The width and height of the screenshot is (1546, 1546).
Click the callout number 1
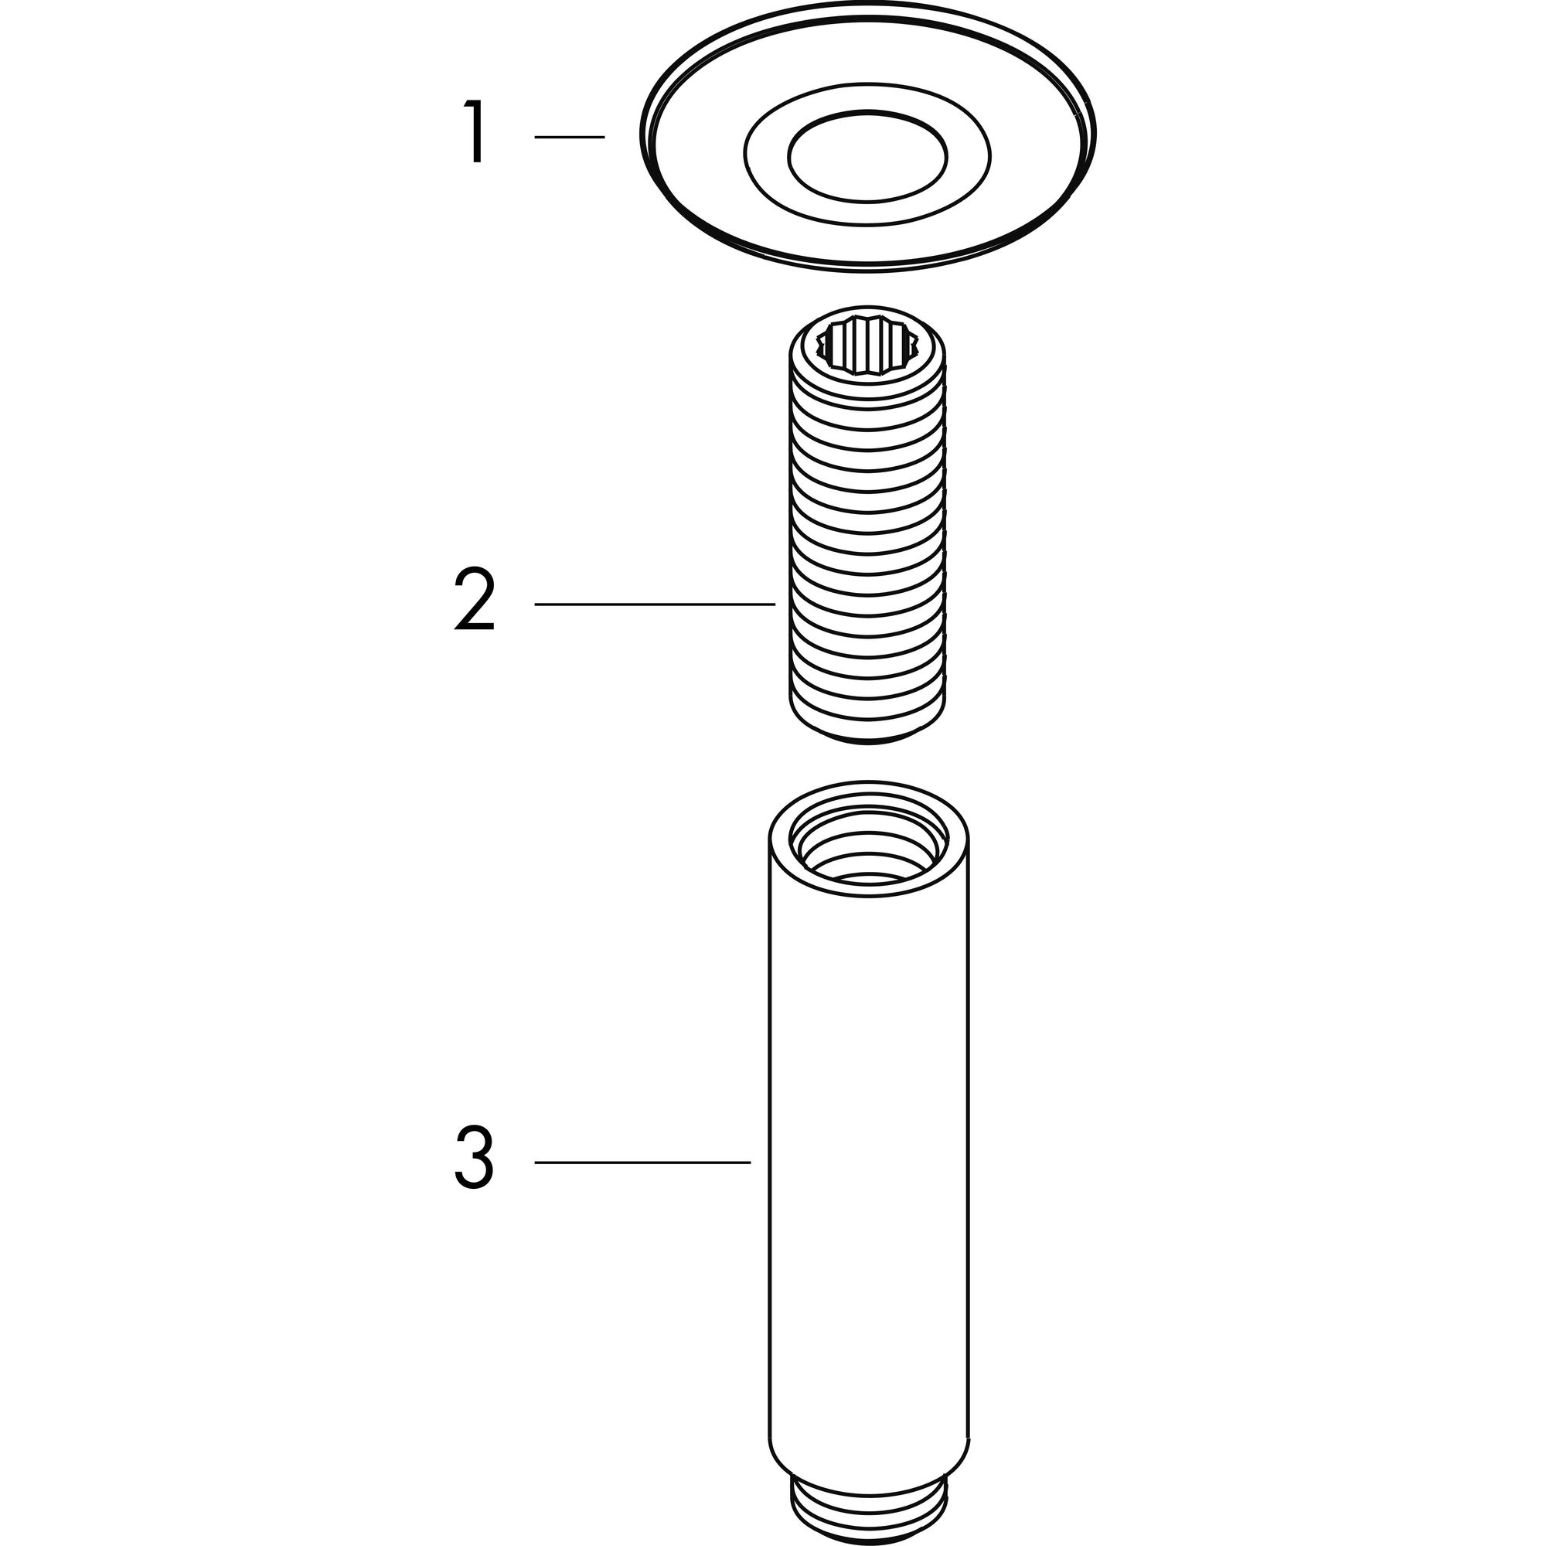(475, 131)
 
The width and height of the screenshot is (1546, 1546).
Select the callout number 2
(475, 600)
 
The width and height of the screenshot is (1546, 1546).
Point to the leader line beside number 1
(569, 138)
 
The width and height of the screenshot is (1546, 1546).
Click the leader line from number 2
(655, 604)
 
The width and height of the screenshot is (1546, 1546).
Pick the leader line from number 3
(642, 1162)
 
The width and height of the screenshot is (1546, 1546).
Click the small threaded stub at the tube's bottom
(869, 1514)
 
